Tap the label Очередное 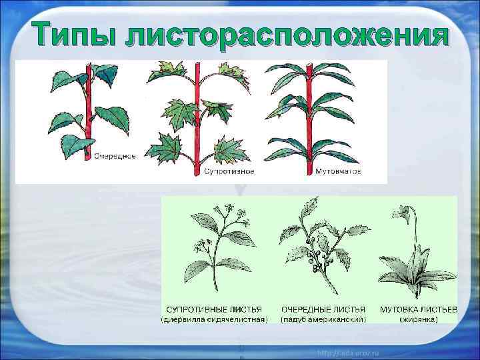[x=115, y=156]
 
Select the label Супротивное [x=227, y=171]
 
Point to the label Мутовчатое [x=339, y=171]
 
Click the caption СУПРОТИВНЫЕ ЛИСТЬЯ [x=214, y=309]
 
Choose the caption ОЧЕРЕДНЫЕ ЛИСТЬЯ [x=323, y=309]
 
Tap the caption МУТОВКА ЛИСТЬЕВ [x=418, y=309]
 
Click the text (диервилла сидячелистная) [x=214, y=319]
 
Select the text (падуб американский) [x=323, y=319]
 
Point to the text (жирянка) [x=418, y=319]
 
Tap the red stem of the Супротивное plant [x=197, y=120]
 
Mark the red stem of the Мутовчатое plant [x=309, y=120]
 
